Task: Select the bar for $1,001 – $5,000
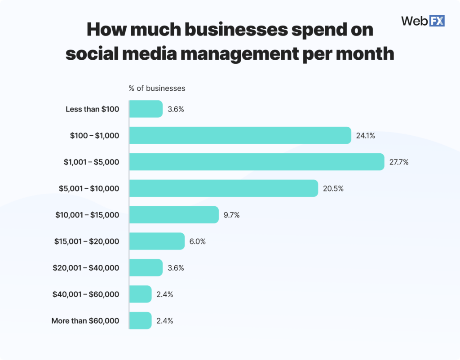[x=257, y=162]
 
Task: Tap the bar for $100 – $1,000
[x=240, y=135]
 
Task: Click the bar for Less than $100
[x=146, y=109]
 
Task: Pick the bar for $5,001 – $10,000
[x=224, y=188]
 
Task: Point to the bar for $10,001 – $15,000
[x=174, y=215]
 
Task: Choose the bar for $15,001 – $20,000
[x=157, y=241]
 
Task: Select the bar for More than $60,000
[x=141, y=321]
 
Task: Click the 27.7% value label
[x=399, y=162]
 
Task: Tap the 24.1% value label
[x=366, y=135]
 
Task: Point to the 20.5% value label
[x=333, y=188]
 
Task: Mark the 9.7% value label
[x=232, y=215]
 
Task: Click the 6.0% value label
[x=198, y=241]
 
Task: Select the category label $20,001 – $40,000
[x=86, y=268]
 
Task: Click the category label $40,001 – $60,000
[x=86, y=294]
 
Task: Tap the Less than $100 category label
[x=92, y=109]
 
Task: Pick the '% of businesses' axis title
[x=157, y=88]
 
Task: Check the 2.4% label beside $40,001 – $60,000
[x=165, y=294]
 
